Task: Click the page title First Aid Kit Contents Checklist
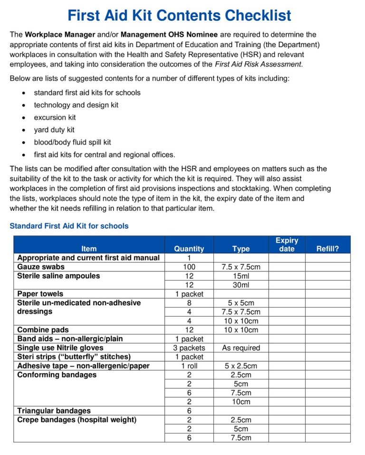179,16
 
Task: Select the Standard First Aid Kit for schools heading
69,226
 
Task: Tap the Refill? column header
327,249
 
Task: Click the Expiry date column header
287,244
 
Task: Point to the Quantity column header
189,249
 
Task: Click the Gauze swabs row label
40,267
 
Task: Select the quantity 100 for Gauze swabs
189,267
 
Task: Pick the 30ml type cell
240,285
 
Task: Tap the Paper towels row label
40,294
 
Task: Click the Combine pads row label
43,329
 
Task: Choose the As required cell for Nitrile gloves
240,348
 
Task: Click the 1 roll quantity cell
189,366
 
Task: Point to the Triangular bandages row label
54,410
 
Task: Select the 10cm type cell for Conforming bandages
240,402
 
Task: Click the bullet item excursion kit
55,117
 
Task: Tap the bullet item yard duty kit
54,130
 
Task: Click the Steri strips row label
74,357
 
